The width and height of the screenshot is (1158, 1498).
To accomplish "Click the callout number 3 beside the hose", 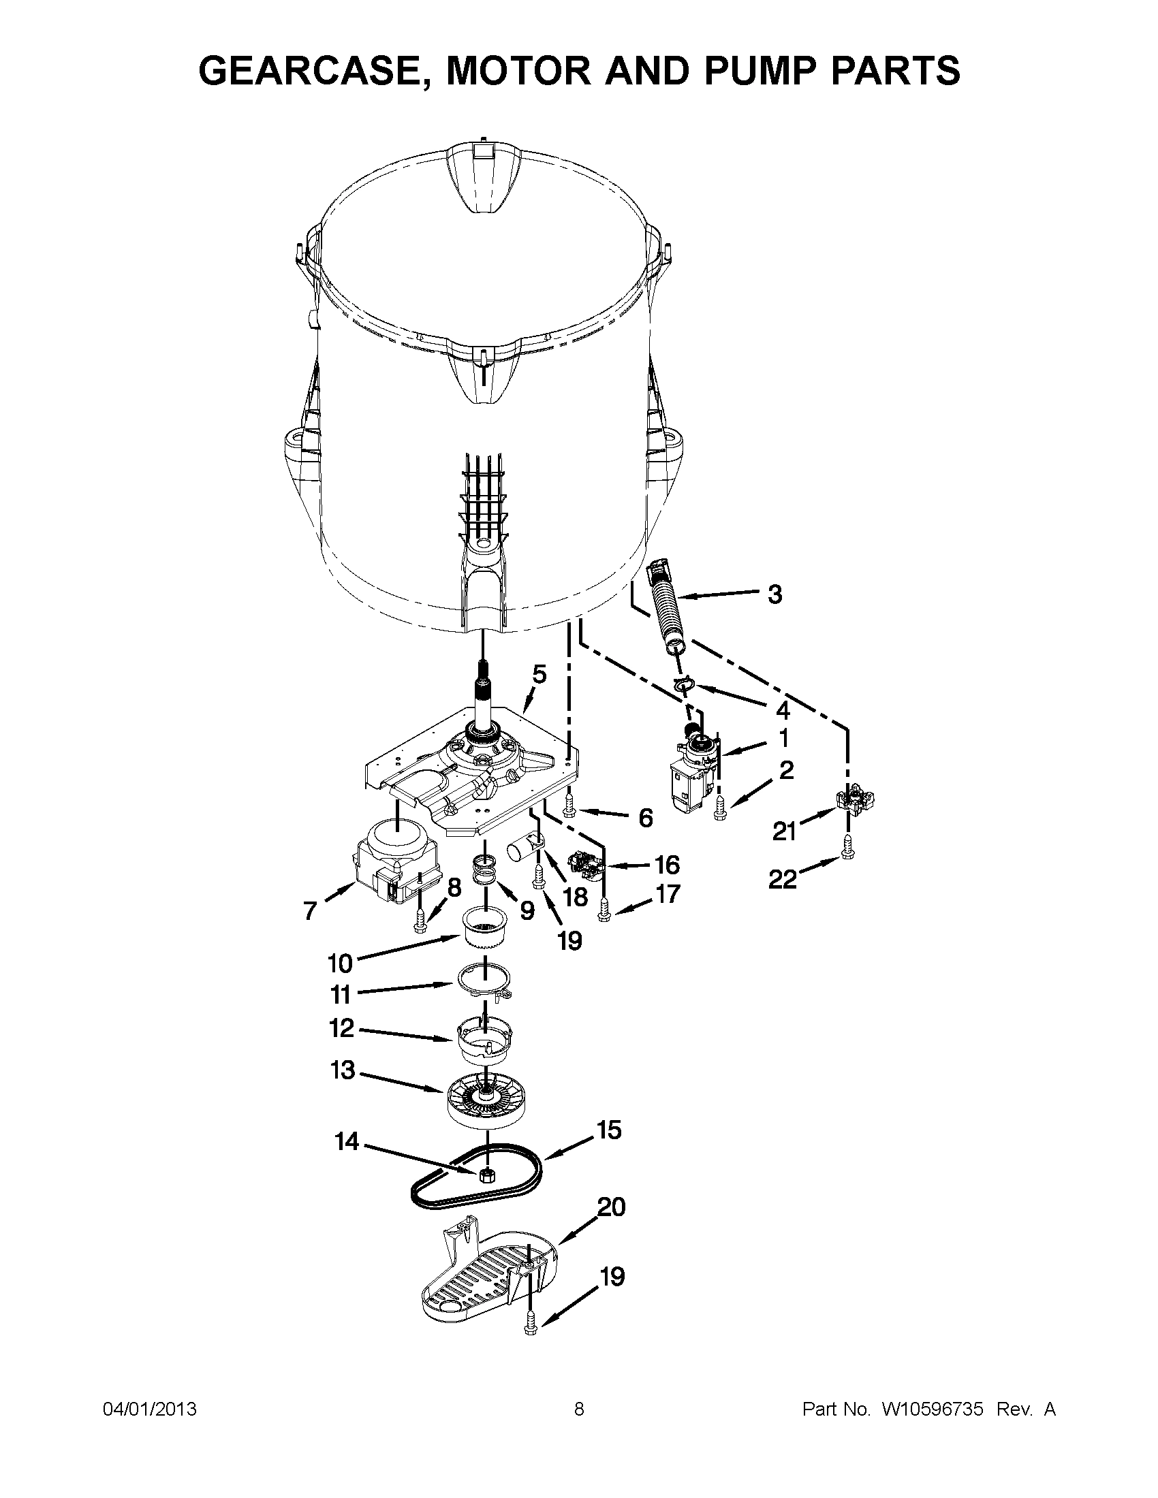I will coord(774,594).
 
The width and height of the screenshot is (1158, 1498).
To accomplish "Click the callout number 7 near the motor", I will coord(310,910).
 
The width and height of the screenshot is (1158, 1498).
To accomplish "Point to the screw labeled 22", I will coord(848,853).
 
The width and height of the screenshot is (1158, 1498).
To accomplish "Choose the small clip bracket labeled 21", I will coord(856,800).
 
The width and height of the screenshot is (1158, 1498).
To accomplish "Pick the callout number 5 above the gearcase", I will coord(539,674).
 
